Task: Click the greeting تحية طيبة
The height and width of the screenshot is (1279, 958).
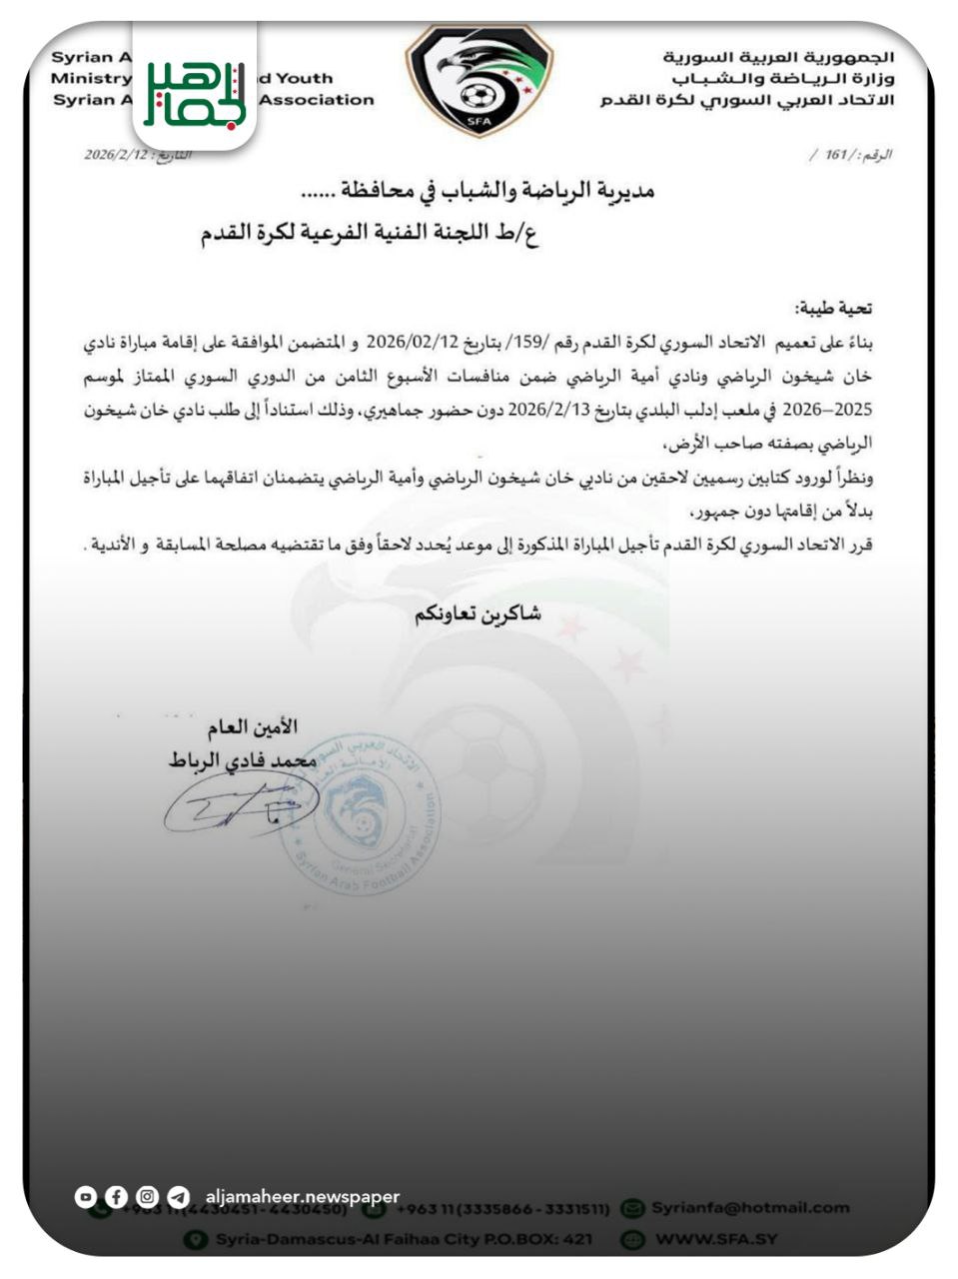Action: point(832,309)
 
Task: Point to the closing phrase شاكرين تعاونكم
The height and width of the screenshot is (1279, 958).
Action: point(479,615)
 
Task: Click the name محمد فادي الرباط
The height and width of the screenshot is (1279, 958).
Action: point(242,760)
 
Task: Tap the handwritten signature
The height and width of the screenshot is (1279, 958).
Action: point(240,805)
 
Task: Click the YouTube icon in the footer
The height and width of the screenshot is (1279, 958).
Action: point(87,1196)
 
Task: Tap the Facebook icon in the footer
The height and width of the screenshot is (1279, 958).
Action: point(117,1196)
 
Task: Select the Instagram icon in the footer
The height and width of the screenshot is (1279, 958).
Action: point(148,1196)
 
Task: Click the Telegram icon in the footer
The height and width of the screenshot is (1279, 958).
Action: point(179,1196)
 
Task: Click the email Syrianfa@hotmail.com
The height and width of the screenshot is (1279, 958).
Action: point(750,1207)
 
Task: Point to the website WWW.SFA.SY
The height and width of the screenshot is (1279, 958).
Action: point(716,1239)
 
